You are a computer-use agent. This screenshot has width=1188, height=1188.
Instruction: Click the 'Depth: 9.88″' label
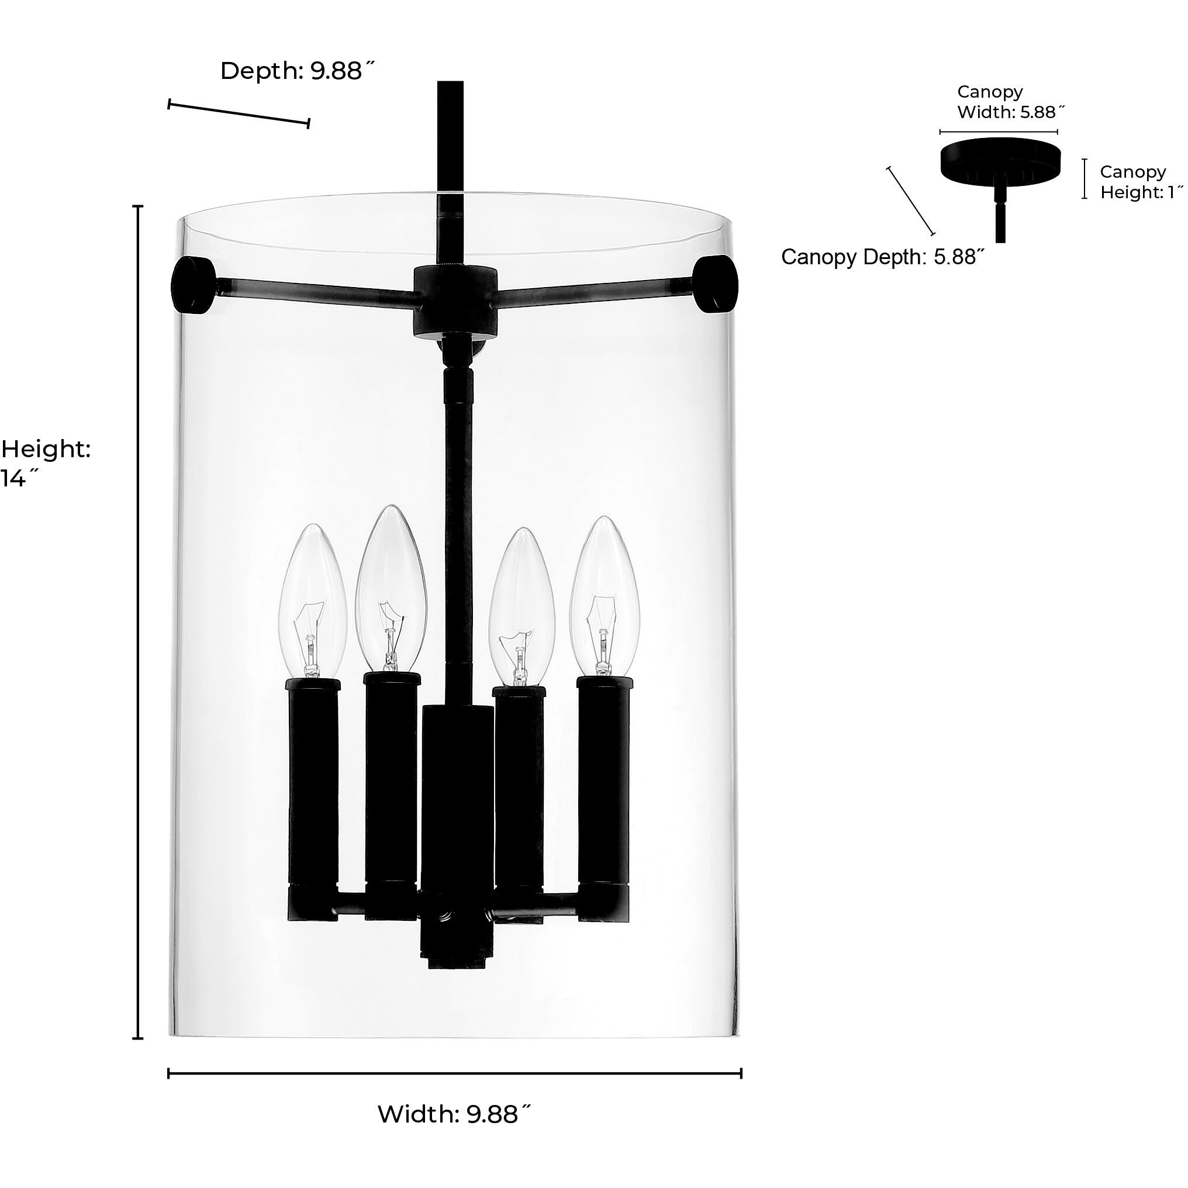click(297, 71)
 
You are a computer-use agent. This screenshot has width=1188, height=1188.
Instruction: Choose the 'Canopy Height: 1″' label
click(1141, 182)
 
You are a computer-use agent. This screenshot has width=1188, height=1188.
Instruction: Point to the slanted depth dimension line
click(239, 114)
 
